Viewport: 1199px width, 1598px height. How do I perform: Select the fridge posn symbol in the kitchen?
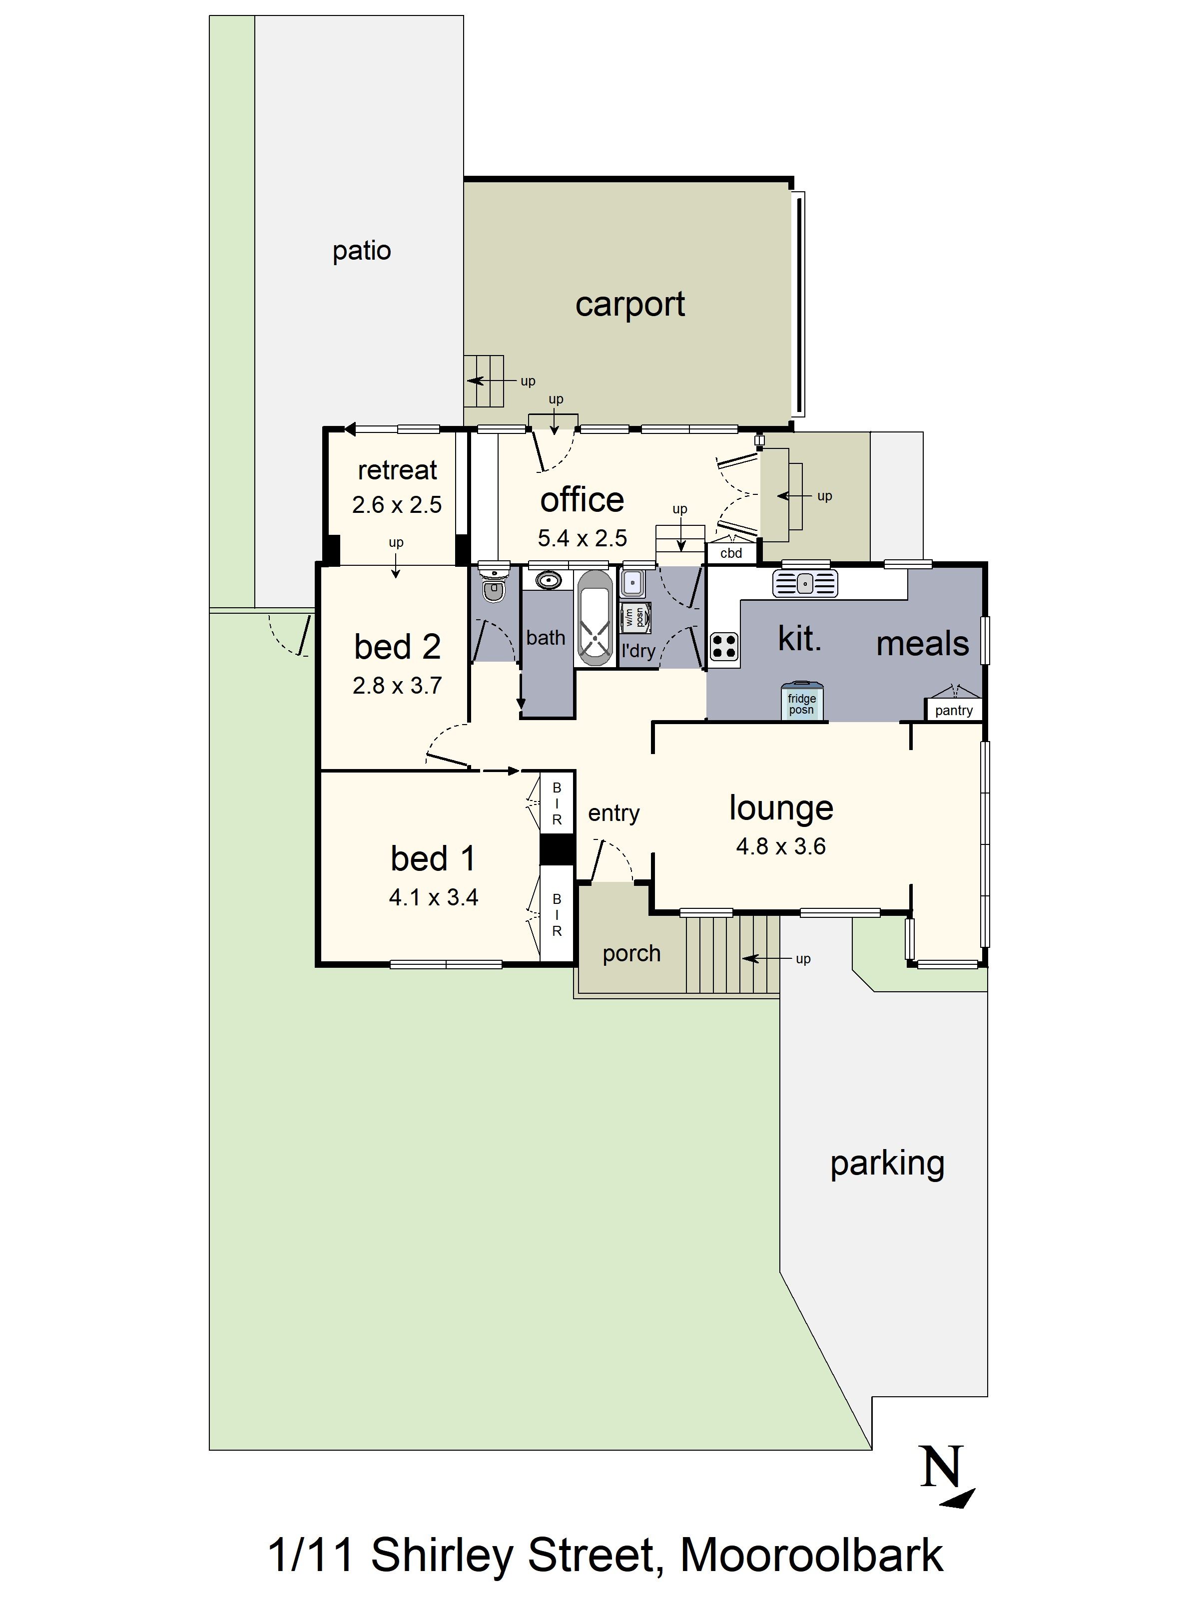coord(801,701)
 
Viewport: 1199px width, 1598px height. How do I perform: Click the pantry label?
coord(953,710)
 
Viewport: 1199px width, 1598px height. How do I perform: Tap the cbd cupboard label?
coord(731,553)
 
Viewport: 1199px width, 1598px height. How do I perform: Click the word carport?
coord(629,305)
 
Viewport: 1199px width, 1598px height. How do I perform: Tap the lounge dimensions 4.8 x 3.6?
coord(780,846)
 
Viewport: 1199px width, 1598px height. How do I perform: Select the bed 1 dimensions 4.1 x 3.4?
coord(433,897)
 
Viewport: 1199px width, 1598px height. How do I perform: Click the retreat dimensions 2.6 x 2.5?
coord(397,504)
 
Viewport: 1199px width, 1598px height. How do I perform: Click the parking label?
coord(887,1164)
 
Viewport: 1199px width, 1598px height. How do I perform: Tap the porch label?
coord(631,954)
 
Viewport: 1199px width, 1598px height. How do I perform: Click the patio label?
coord(361,251)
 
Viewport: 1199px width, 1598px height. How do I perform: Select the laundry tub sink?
coord(632,583)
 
